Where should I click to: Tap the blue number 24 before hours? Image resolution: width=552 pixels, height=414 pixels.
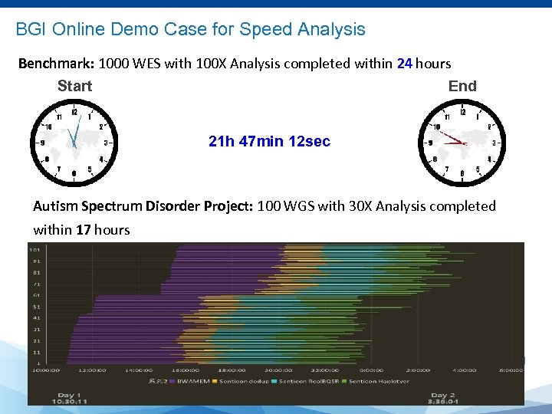(x=405, y=63)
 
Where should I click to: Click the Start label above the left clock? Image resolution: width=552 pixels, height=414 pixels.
(x=74, y=86)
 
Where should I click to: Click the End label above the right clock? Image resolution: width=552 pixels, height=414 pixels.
(x=462, y=86)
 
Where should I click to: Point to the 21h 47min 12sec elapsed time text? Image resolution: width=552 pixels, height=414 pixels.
(x=269, y=141)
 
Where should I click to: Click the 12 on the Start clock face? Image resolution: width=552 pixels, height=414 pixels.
(x=74, y=113)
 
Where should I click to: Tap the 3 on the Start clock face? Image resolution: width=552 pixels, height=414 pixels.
(x=106, y=143)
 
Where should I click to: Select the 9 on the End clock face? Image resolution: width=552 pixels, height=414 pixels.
(x=431, y=143)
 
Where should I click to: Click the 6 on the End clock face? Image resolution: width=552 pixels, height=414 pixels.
(x=462, y=174)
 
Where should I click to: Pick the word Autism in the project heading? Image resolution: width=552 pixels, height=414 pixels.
(x=55, y=206)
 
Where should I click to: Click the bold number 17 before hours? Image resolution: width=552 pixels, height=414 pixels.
(x=84, y=229)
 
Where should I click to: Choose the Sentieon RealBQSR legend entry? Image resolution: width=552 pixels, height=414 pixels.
(x=308, y=381)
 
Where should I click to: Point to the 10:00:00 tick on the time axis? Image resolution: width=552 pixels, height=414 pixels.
(x=44, y=370)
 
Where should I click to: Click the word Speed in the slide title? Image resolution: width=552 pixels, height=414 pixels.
(x=267, y=30)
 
